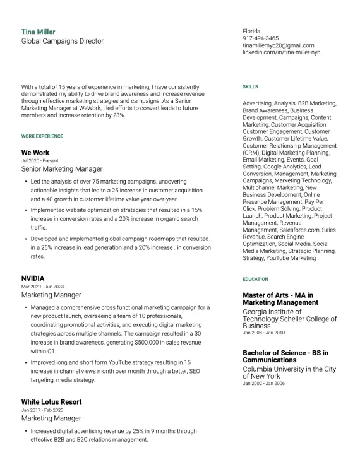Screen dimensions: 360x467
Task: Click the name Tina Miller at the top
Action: click(x=39, y=32)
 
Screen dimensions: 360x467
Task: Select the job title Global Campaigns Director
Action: click(x=63, y=41)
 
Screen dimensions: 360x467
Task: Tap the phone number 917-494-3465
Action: click(x=261, y=38)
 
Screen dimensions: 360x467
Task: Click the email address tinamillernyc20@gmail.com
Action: click(x=279, y=45)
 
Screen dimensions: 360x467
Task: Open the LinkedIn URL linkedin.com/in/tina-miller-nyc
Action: click(x=282, y=52)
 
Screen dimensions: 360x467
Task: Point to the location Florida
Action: click(x=251, y=31)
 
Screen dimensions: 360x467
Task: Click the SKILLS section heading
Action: click(x=250, y=86)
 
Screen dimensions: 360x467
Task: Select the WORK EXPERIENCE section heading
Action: click(x=42, y=136)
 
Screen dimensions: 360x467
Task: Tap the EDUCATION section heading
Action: click(x=255, y=279)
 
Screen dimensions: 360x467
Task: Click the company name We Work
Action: click(x=35, y=153)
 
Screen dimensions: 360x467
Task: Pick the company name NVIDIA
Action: click(x=33, y=278)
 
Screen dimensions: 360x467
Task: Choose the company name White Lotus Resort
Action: click(x=51, y=402)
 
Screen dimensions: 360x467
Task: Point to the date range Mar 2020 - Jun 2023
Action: click(x=42, y=287)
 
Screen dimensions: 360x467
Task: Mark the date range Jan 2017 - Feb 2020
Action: click(x=42, y=410)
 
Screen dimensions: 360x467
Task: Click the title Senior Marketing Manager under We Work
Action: click(x=62, y=169)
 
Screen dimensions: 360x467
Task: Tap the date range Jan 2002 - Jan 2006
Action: click(x=263, y=383)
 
